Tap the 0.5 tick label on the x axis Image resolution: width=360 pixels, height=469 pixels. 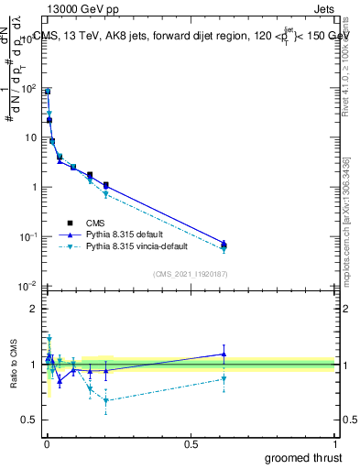click(x=190, y=444)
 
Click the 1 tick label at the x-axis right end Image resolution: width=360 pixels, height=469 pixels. click(x=334, y=444)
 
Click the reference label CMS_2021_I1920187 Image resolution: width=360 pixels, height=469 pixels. click(x=190, y=275)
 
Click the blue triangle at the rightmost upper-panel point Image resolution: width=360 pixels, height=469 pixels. click(x=224, y=243)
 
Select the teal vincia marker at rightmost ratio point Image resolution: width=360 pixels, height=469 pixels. click(x=224, y=378)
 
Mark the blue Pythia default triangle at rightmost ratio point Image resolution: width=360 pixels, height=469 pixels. click(x=224, y=354)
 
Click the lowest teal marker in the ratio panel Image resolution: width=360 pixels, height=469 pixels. click(x=106, y=400)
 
